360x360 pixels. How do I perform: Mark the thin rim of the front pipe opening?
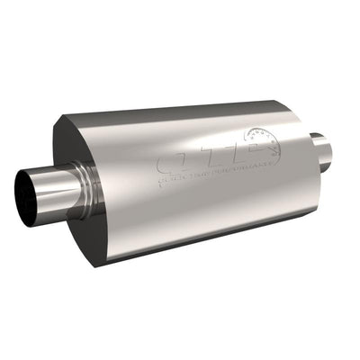[17, 191]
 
